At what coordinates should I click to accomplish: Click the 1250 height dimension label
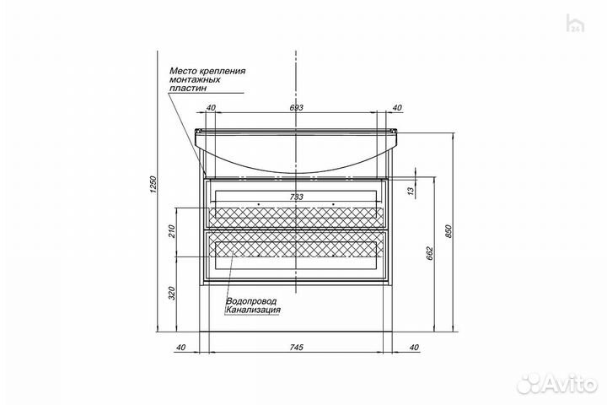tap(153, 185)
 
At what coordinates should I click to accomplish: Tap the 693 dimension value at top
tap(296, 108)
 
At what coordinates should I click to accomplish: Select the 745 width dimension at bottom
tap(296, 348)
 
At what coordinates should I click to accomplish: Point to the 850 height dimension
tap(449, 231)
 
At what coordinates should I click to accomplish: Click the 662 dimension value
tap(430, 253)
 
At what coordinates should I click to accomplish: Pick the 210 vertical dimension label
tap(173, 231)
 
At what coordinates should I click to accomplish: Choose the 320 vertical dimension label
tap(173, 293)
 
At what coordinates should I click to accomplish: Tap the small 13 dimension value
tap(411, 191)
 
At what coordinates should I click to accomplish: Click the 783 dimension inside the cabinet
tap(297, 197)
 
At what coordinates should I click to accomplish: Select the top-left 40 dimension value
tap(211, 108)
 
